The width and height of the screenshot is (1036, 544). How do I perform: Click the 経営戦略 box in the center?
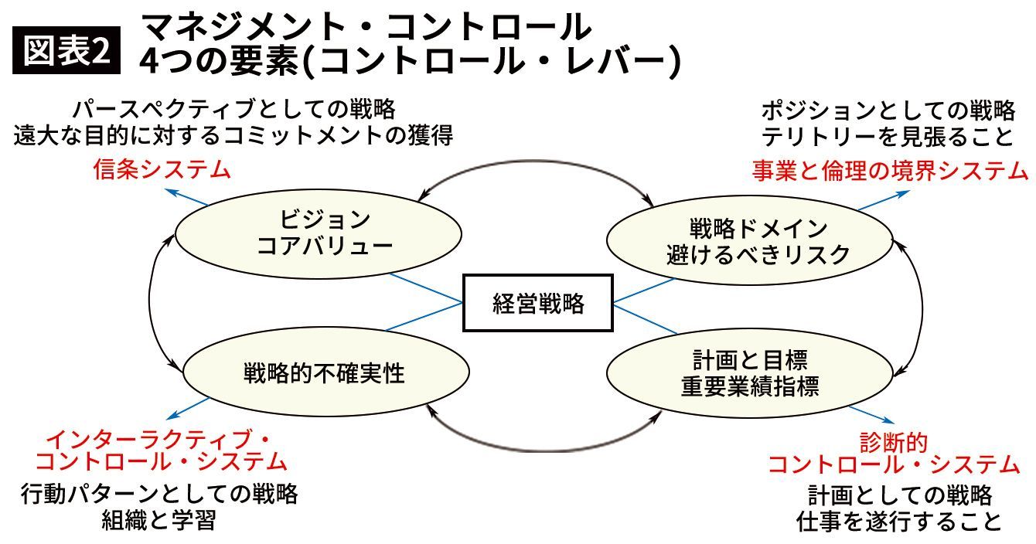538,303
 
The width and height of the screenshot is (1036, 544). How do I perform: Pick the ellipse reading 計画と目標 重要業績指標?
749,373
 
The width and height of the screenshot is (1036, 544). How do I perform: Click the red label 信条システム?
162,169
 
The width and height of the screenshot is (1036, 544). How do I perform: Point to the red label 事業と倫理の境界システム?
890,170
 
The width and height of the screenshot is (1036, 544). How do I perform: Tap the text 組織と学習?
158,520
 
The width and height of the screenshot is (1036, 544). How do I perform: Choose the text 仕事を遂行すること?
899,522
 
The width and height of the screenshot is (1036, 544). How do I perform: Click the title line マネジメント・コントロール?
367,28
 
